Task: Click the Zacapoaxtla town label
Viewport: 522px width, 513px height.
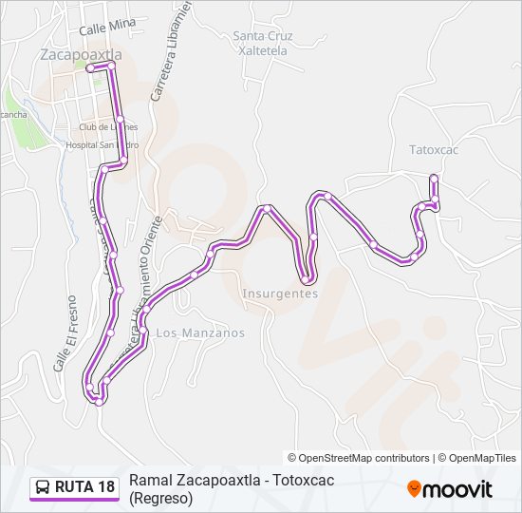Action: [82, 54]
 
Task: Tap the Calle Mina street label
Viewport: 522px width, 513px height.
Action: [107, 29]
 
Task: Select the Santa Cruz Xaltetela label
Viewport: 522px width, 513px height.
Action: [264, 43]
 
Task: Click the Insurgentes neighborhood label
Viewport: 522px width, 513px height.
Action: [280, 294]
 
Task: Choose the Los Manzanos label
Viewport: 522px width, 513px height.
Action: [199, 332]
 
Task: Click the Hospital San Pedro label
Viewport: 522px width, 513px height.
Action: [102, 144]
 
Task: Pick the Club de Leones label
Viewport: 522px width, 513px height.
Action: [108, 126]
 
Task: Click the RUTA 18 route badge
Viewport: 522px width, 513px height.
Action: [74, 487]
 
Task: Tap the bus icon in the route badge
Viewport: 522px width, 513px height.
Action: [43, 487]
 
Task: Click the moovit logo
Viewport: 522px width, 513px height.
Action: [450, 488]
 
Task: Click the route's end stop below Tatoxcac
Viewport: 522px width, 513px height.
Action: [434, 178]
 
